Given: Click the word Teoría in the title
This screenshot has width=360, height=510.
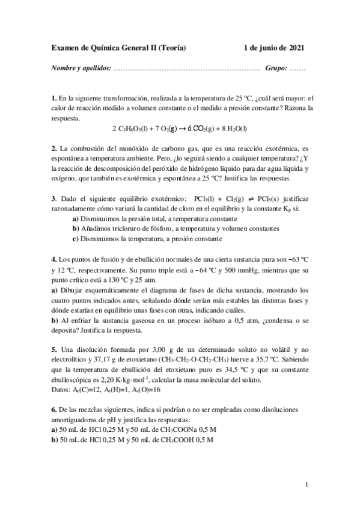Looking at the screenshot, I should tap(170, 48).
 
